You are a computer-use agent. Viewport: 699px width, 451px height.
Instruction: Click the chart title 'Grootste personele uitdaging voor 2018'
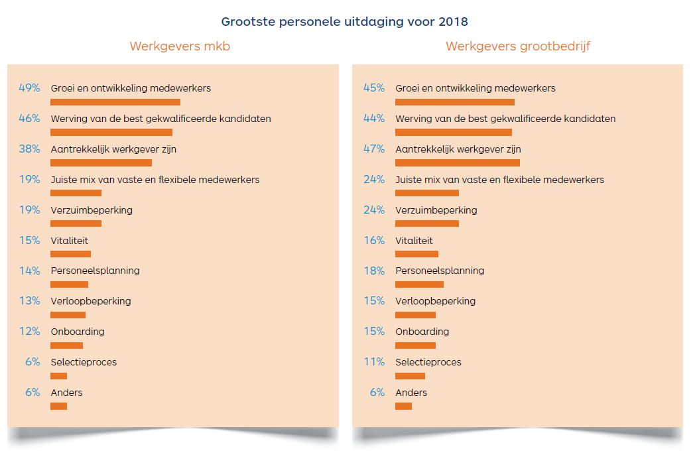[344, 21]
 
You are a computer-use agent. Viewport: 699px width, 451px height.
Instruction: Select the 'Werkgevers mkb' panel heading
[180, 46]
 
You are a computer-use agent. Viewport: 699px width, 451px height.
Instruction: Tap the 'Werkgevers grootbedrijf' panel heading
[517, 46]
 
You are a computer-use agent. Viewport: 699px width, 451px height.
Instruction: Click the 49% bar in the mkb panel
[115, 102]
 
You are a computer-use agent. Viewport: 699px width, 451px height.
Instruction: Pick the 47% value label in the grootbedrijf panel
[374, 149]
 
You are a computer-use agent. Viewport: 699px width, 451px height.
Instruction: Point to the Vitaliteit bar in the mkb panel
[70, 254]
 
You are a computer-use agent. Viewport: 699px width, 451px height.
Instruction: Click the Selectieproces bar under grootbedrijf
[410, 376]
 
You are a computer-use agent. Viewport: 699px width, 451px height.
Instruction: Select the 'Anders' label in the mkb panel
[66, 393]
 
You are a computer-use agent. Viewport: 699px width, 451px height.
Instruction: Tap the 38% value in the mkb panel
[30, 149]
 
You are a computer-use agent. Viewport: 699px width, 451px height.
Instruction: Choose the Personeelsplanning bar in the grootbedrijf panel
[419, 285]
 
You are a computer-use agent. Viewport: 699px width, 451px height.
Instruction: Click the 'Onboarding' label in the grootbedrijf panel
[422, 332]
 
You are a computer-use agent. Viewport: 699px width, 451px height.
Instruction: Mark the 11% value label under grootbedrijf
[374, 362]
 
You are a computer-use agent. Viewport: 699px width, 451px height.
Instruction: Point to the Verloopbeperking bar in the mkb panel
[68, 315]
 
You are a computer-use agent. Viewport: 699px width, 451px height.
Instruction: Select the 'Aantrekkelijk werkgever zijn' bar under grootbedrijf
[458, 162]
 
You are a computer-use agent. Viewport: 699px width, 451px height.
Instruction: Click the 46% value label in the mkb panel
[30, 119]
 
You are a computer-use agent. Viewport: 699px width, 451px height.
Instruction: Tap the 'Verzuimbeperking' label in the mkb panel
[92, 210]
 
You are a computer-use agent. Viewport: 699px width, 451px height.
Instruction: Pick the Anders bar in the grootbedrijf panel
[403, 406]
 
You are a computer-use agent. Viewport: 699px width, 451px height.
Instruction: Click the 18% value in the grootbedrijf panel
[374, 271]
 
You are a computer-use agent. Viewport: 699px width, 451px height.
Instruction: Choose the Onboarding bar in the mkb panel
[66, 346]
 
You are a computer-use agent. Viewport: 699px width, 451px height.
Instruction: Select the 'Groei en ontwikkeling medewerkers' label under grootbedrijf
[476, 88]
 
